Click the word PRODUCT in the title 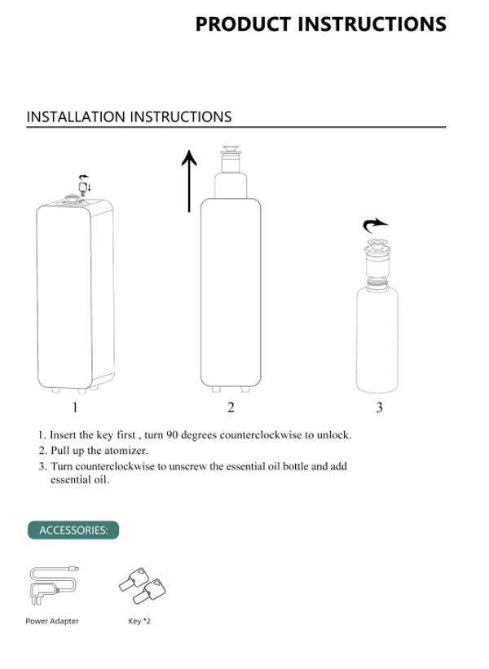coord(243,24)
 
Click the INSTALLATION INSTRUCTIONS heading coord(129,117)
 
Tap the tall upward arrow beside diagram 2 coord(189,180)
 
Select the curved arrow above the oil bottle coord(375,225)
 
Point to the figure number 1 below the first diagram coord(75,407)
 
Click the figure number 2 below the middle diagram coord(231,407)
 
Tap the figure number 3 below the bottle coord(379,407)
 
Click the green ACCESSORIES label coord(73,530)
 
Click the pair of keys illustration coord(143,585)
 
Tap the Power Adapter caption coord(52,621)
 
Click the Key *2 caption coord(139,621)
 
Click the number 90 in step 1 coord(172,435)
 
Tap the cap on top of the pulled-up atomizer coord(231,150)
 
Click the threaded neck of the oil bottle coord(377,282)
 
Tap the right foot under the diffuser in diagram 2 coord(245,390)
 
